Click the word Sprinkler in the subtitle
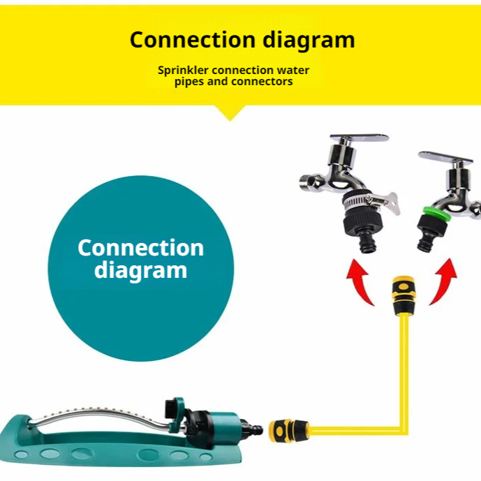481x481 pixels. click(x=183, y=71)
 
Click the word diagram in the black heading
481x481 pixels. click(x=309, y=40)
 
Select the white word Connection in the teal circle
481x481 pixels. click(x=141, y=248)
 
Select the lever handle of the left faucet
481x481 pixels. click(x=360, y=138)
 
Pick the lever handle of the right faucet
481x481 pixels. click(x=445, y=157)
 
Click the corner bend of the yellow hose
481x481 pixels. click(x=404, y=429)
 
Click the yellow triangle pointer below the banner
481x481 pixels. click(x=230, y=112)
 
